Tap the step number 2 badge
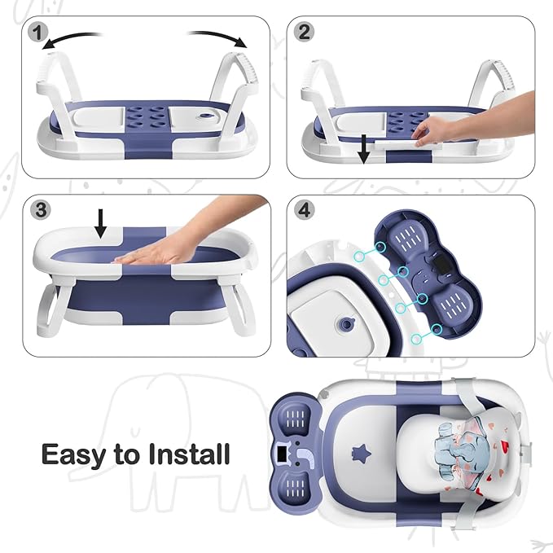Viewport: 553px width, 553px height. click(x=305, y=33)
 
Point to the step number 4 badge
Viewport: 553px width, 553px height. click(x=305, y=209)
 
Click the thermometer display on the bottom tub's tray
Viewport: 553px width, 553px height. click(x=283, y=449)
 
